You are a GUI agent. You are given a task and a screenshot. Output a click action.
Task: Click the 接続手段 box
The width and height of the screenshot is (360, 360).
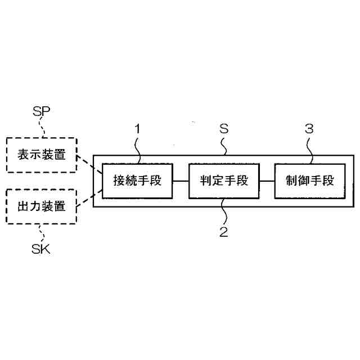coord(137,181)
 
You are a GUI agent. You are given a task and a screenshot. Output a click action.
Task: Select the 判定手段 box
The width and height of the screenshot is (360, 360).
coord(223,181)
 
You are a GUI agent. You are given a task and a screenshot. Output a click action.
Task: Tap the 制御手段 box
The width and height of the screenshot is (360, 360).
coord(309,181)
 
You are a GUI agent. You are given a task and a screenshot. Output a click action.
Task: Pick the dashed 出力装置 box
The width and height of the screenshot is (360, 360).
coord(40,206)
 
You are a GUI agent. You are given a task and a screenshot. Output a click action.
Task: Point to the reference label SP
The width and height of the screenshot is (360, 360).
coord(41,110)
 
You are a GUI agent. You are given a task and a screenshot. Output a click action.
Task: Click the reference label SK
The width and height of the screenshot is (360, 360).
coord(41,249)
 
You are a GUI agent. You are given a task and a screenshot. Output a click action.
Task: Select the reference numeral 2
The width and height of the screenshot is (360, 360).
coord(224,232)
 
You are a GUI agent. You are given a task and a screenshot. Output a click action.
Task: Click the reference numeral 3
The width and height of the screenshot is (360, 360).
coord(309,129)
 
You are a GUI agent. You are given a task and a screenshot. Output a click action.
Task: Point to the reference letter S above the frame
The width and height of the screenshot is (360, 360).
coord(223,129)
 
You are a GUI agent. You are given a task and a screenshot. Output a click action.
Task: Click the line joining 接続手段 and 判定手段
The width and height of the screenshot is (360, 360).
coord(180,181)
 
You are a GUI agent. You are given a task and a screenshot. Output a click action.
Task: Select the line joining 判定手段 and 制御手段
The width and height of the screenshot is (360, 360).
coord(267,181)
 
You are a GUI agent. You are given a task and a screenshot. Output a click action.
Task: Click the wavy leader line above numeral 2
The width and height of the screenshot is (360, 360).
coord(223,211)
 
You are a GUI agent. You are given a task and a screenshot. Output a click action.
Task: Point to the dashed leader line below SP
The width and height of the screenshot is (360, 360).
coord(43,128)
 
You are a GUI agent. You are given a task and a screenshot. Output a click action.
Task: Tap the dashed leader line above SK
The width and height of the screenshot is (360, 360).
coord(40,232)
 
